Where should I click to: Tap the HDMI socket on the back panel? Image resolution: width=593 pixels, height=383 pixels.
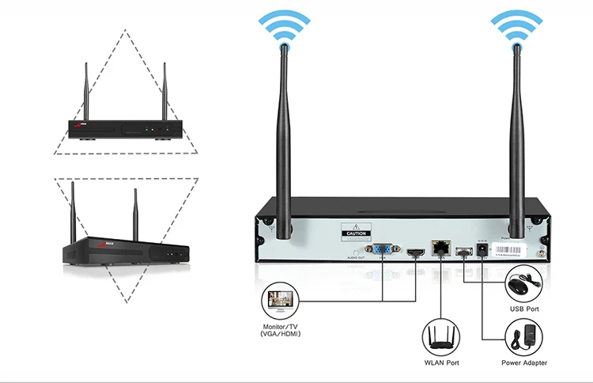pyautogui.click(x=412, y=252)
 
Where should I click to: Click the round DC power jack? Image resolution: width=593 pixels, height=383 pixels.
pyautogui.click(x=482, y=252)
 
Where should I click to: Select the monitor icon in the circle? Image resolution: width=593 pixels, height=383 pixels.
pyautogui.click(x=282, y=302)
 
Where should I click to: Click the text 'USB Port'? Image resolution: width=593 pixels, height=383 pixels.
pyautogui.click(x=523, y=309)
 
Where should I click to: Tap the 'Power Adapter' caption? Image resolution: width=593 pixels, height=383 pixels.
pyautogui.click(x=524, y=363)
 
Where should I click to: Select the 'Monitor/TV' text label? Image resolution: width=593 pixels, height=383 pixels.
pyautogui.click(x=282, y=327)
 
